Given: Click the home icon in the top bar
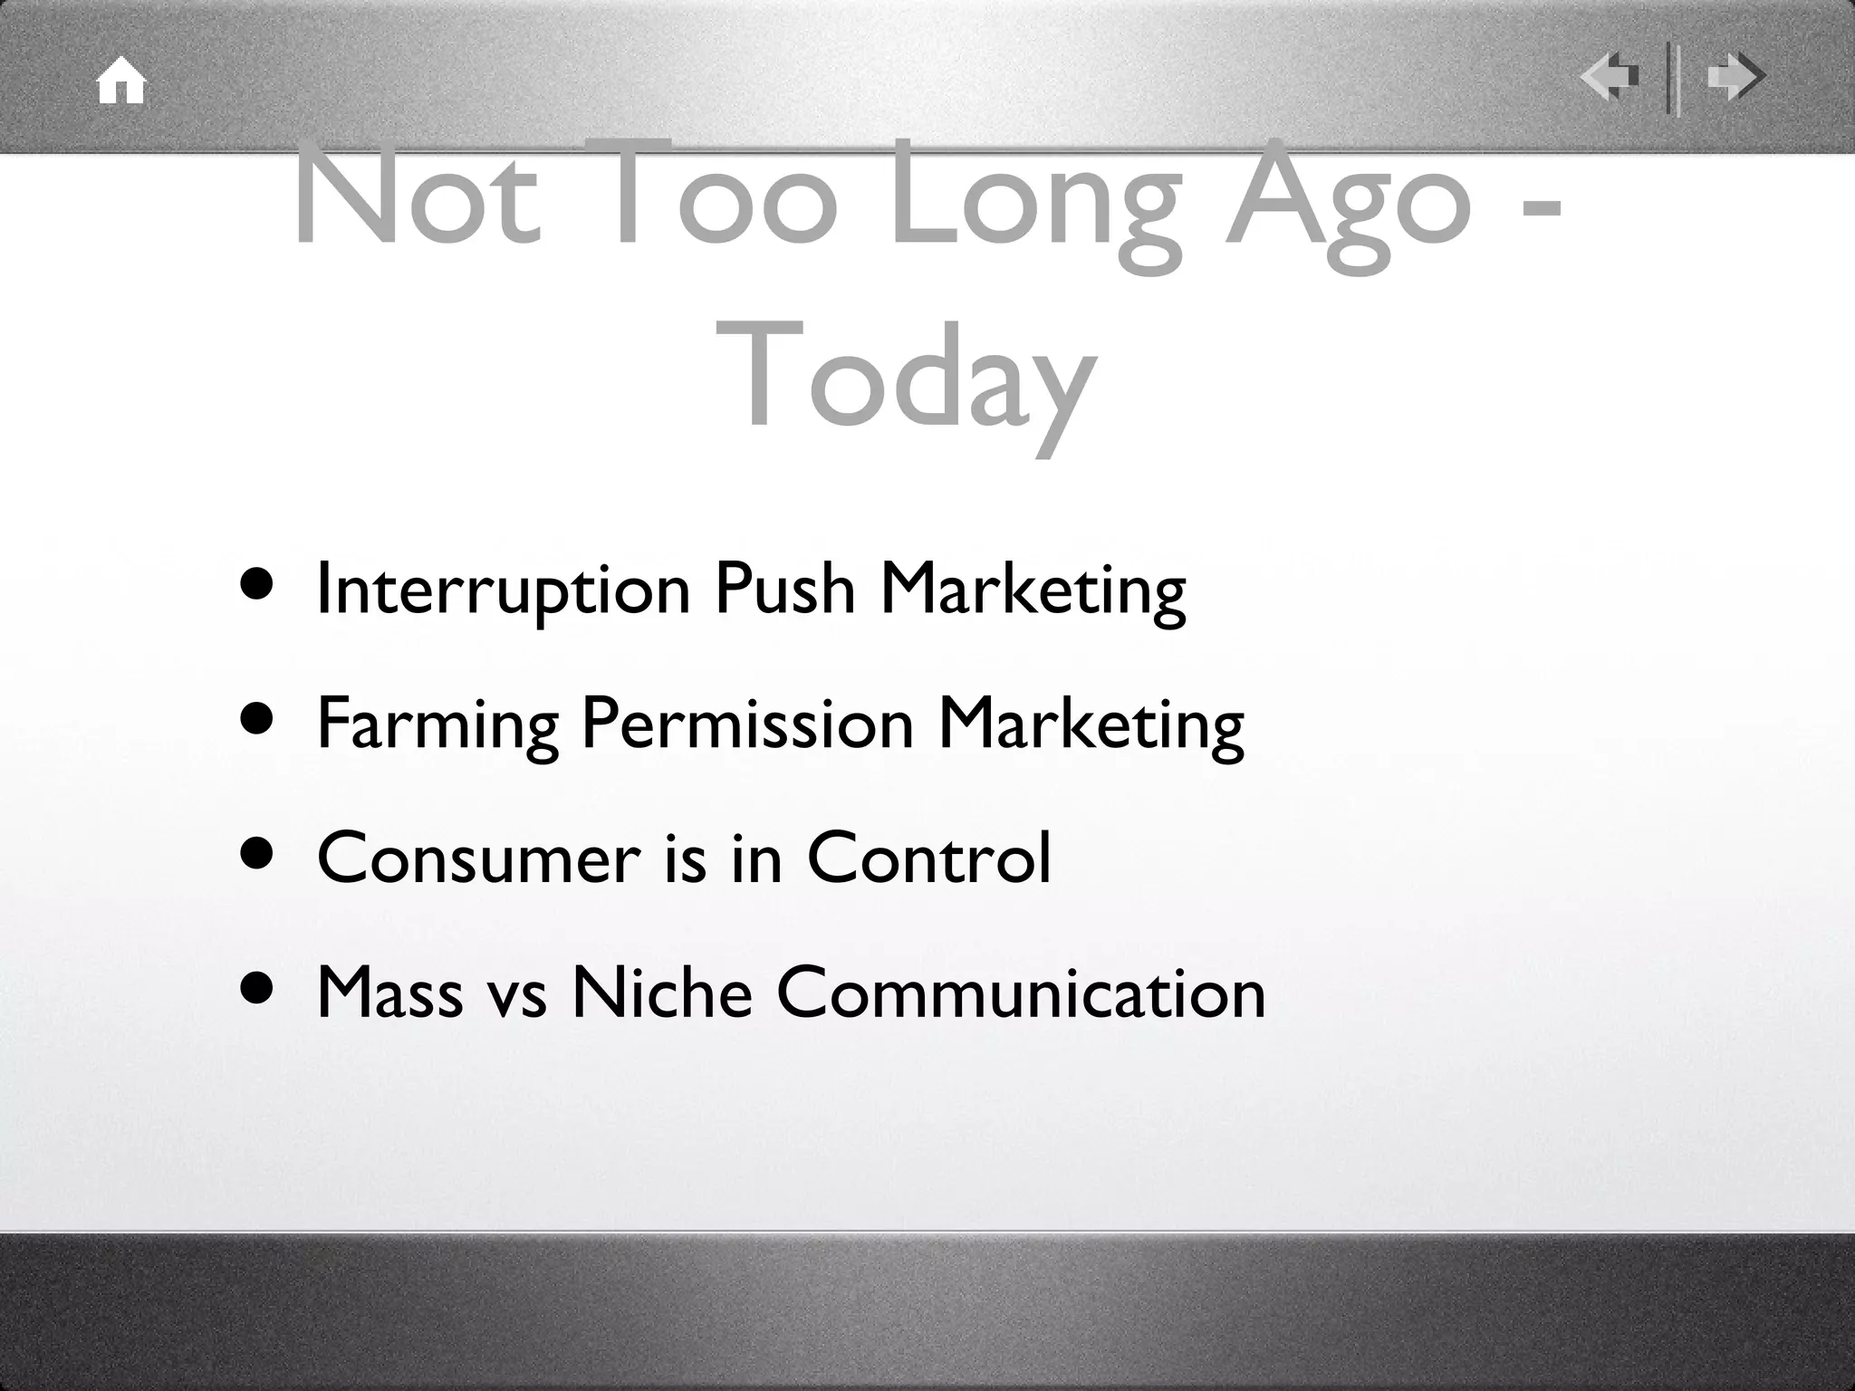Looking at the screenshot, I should (x=121, y=82).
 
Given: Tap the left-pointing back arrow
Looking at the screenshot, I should (x=1610, y=76).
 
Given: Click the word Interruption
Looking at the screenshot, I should (x=504, y=590).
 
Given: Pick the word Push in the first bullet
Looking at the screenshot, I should (x=784, y=589).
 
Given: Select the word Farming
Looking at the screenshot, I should (x=437, y=724).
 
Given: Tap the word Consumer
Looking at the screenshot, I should (x=479, y=858).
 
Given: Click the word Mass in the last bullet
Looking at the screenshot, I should (x=389, y=993).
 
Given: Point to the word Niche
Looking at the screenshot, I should (x=662, y=992).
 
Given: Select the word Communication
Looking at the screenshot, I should (x=1021, y=992).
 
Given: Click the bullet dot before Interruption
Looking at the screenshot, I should (x=258, y=586).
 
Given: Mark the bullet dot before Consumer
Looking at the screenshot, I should (x=258, y=856).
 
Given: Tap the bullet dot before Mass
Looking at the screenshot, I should (x=258, y=990).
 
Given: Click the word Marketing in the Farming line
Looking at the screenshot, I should (x=1091, y=724).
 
